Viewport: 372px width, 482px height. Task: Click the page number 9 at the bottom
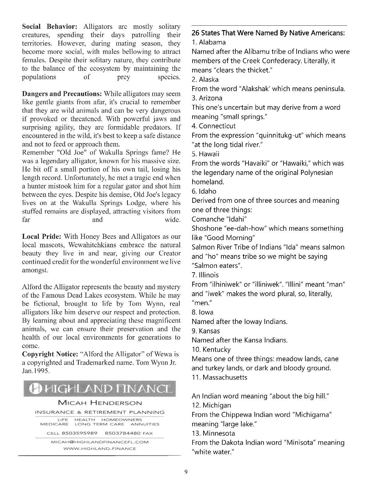point(186,472)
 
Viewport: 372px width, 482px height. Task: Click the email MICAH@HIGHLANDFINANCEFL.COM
point(100,442)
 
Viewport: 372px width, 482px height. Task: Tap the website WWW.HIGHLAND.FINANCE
point(100,449)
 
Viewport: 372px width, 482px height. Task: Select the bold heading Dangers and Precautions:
point(62,94)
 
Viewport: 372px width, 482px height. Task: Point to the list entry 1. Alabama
point(209,42)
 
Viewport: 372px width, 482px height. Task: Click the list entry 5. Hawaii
point(205,154)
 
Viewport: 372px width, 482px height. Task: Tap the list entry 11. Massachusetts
point(219,377)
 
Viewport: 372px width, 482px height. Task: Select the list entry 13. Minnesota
point(213,433)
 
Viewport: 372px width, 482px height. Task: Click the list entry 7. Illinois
point(205,275)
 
